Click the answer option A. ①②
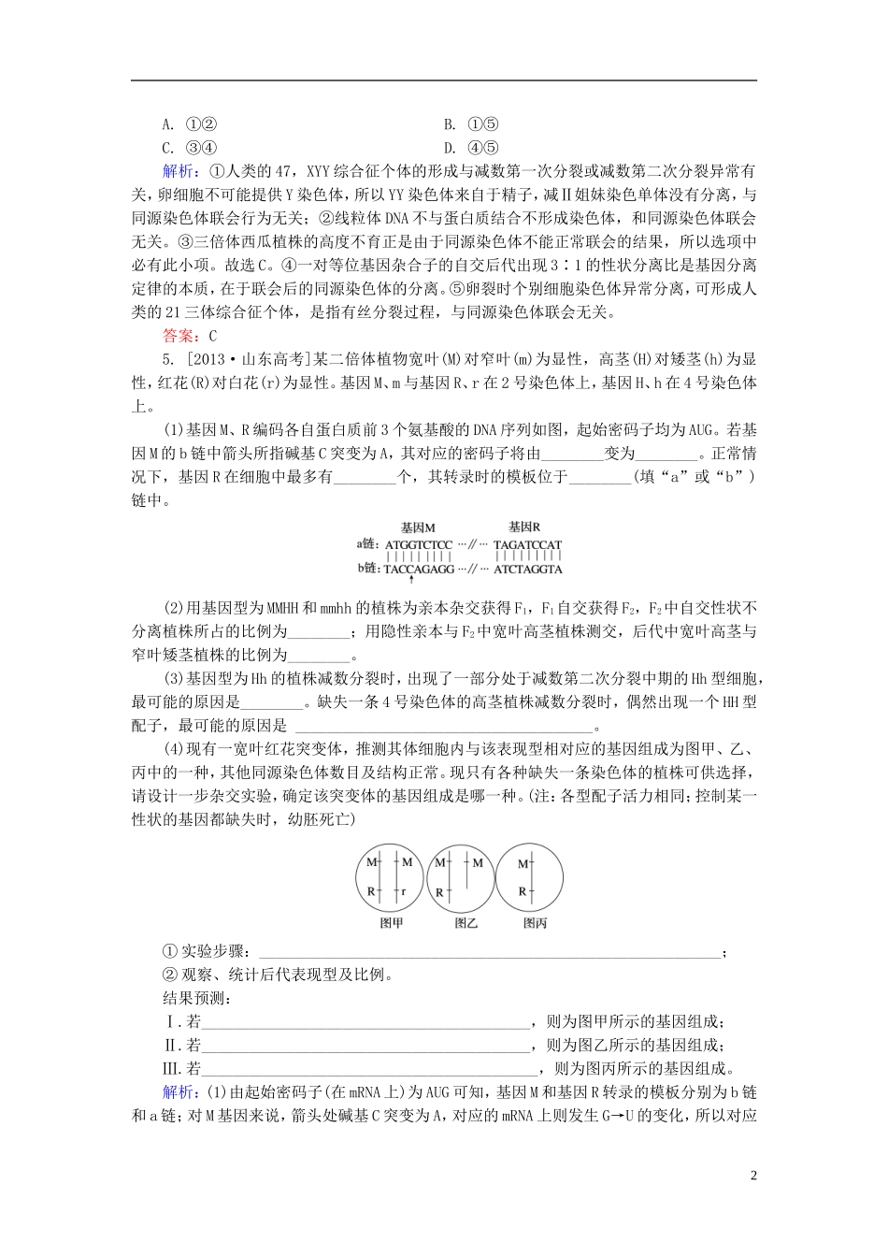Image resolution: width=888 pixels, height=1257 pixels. click(190, 124)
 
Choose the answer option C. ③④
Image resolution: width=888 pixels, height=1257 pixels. click(190, 148)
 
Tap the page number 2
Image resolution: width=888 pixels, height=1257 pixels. click(752, 1175)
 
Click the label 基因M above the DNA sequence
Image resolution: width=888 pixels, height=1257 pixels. click(418, 527)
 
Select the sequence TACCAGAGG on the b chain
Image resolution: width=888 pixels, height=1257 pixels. click(418, 568)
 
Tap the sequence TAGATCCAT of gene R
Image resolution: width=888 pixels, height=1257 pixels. click(527, 544)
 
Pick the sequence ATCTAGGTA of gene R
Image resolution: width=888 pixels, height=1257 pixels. click(527, 568)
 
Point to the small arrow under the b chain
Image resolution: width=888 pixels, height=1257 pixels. click(412, 580)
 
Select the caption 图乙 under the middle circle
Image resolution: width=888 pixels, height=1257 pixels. click(465, 922)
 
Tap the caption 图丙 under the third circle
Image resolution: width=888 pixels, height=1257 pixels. click(535, 922)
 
